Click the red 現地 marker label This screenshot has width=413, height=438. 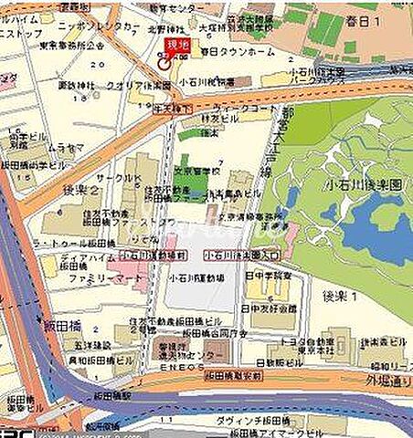[176, 46]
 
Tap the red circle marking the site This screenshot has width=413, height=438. [164, 63]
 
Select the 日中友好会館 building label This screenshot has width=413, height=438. [271, 310]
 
